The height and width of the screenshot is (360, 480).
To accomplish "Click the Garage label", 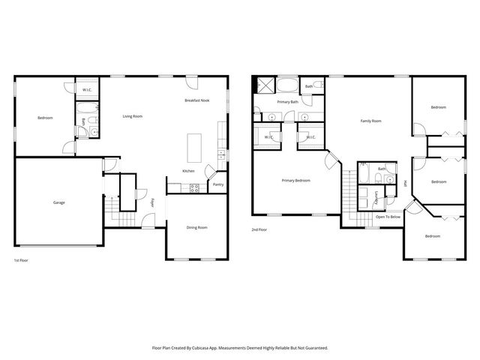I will click(58, 202).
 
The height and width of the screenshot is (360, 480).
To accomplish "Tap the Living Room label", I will click(133, 116).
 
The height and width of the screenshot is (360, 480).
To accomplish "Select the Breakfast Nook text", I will click(197, 100).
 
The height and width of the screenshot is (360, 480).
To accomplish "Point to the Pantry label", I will click(218, 184).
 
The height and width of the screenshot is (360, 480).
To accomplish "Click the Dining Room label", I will click(196, 227).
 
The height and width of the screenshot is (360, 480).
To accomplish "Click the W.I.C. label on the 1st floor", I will click(87, 90).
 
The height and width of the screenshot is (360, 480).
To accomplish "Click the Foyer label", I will click(153, 202).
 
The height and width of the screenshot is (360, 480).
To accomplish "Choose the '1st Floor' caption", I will click(21, 260).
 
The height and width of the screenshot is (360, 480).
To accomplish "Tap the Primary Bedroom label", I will click(295, 180).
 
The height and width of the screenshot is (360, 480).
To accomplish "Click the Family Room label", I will click(370, 121).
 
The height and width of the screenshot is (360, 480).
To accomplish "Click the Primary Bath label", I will click(287, 101).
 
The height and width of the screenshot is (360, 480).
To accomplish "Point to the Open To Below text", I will click(388, 217).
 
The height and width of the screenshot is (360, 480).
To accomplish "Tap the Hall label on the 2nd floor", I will click(406, 184).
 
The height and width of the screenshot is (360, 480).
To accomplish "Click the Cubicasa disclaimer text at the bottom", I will click(240, 348).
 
